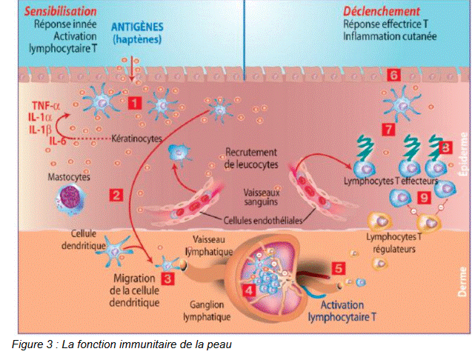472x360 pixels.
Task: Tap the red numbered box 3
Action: tap(168, 279)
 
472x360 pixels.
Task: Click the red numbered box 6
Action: tap(393, 76)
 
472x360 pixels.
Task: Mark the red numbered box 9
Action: tap(423, 198)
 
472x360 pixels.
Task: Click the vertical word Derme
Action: tap(462, 282)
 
